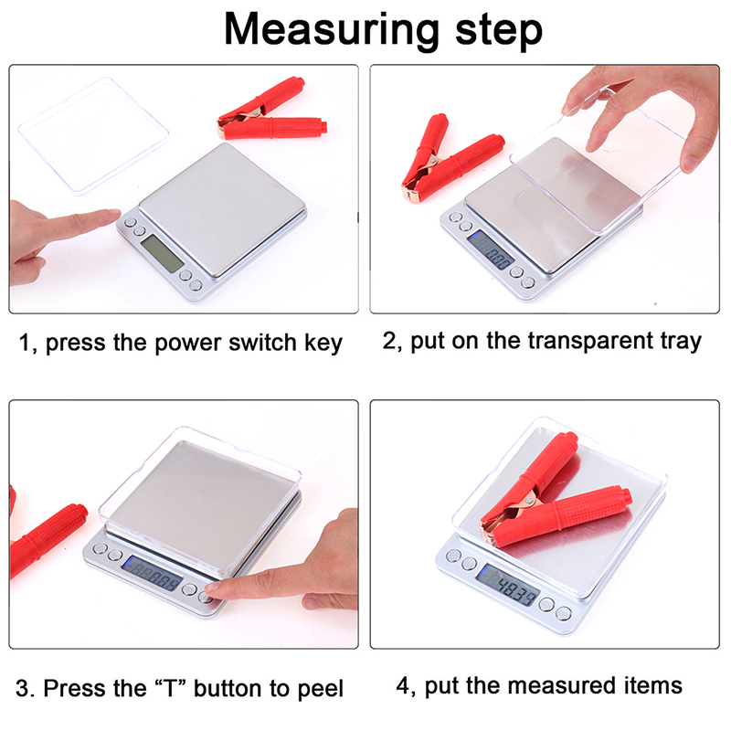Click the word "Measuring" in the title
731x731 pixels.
coord(332,30)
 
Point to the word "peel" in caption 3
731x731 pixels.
coord(320,690)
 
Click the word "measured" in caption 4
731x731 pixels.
coord(562,686)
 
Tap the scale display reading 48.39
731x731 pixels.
coord(508,585)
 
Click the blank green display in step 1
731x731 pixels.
coord(163,253)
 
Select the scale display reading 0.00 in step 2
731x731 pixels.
coord(491,249)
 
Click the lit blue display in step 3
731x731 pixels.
coord(152,574)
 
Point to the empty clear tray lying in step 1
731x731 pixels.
coord(93,135)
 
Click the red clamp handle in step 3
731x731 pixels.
coord(47,541)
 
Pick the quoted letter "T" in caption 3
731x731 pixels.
coord(170,688)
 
